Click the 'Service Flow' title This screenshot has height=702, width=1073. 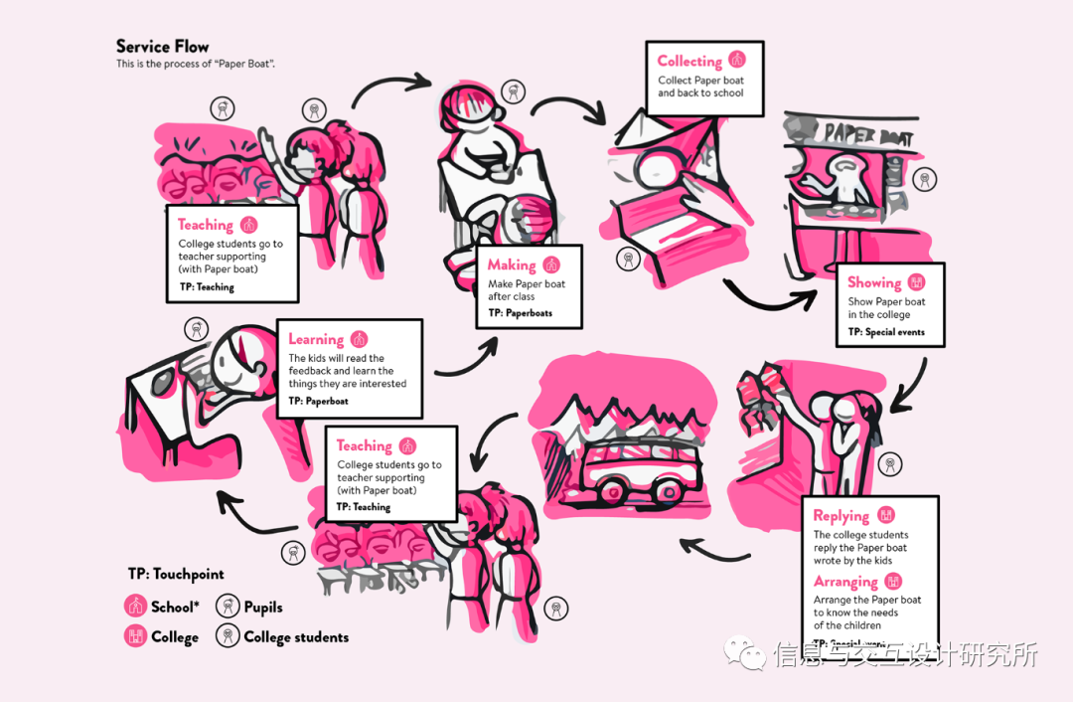[x=162, y=47]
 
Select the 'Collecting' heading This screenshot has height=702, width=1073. [x=690, y=61]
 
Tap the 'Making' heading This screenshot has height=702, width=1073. [x=512, y=265]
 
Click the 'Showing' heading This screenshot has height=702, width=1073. [x=874, y=282]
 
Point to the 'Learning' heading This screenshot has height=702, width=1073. [x=316, y=339]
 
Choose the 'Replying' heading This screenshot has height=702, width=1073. [x=841, y=515]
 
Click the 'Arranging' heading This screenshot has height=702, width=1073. [x=845, y=582]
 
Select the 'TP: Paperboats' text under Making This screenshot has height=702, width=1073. [x=520, y=313]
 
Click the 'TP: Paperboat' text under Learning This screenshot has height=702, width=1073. [x=319, y=402]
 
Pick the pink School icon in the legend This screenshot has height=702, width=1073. [x=135, y=606]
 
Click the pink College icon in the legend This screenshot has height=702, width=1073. [x=135, y=636]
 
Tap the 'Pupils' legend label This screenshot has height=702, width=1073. [x=263, y=607]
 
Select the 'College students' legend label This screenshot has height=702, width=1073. [x=296, y=637]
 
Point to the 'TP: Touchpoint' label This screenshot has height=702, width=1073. [x=176, y=574]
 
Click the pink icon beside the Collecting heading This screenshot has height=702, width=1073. [x=736, y=61]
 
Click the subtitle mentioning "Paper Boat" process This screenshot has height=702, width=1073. [x=195, y=64]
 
